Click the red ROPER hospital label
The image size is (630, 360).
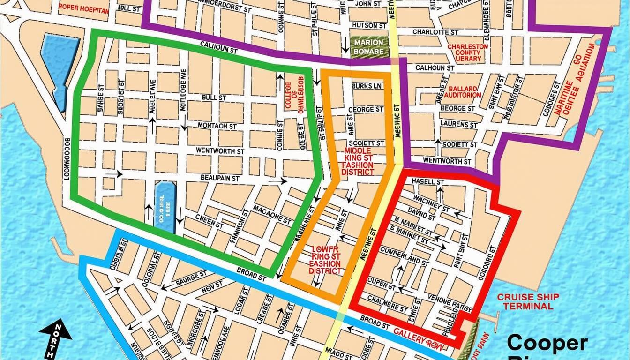(x=83, y=8)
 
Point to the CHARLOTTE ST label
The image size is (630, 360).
(x=435, y=33)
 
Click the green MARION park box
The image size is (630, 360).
(x=369, y=46)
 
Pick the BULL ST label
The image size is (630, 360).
(x=213, y=97)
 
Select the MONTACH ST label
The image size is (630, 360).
(x=217, y=126)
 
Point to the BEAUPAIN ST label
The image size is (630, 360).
(x=220, y=178)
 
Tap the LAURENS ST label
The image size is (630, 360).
(x=459, y=125)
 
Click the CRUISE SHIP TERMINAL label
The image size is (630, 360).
(x=528, y=301)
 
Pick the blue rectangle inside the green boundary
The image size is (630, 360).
(x=165, y=207)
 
